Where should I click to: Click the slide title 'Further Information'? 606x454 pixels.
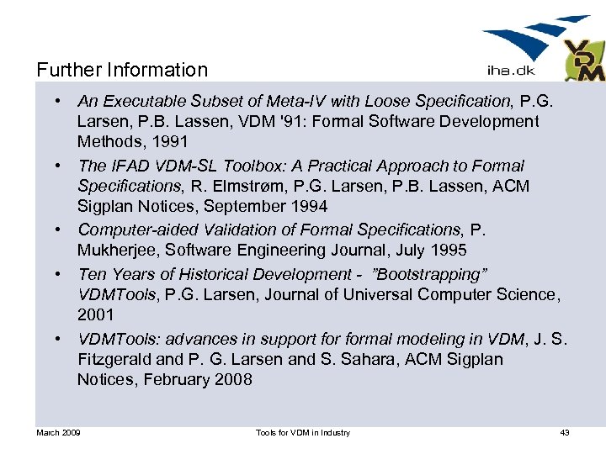coord(122,70)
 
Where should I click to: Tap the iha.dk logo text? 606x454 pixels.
coord(511,71)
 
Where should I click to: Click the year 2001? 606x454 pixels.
coord(96,315)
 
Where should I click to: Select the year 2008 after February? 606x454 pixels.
coord(233,380)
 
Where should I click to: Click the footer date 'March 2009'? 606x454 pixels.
coord(58,433)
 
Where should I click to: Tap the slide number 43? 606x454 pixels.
coord(565,433)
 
